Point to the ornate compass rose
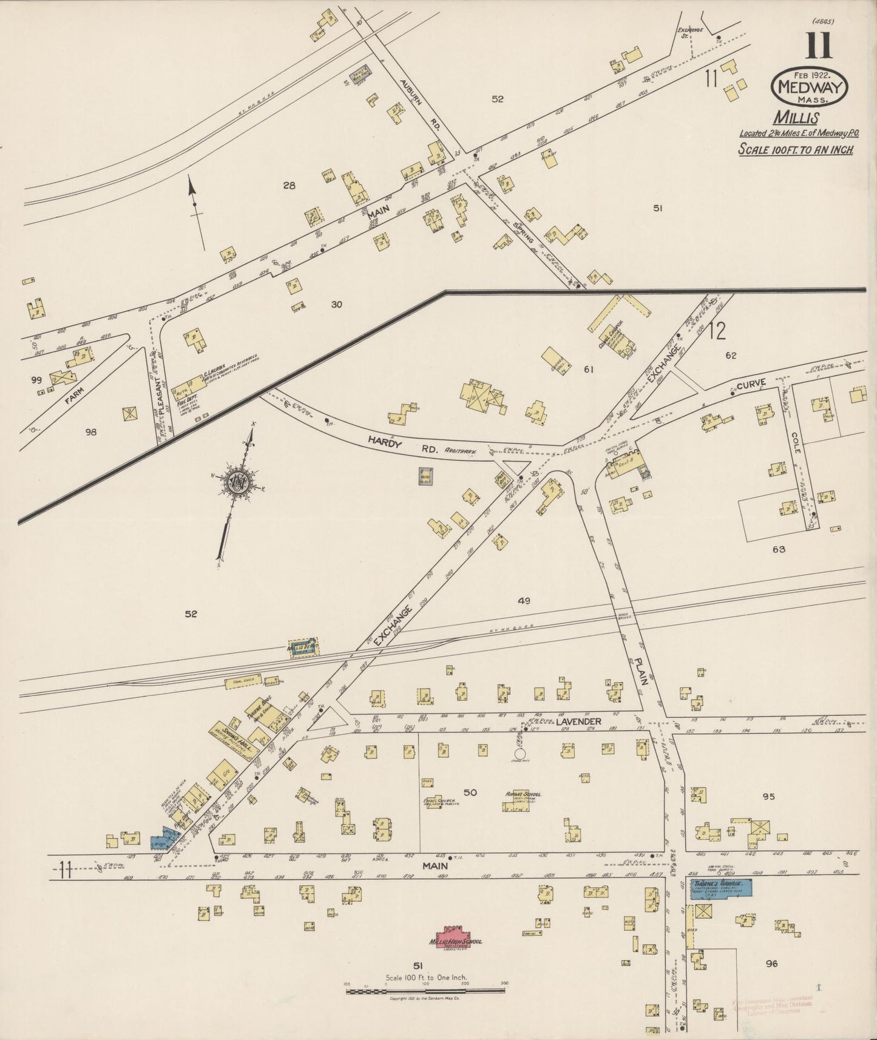(235, 482)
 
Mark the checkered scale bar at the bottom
(425, 991)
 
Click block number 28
(290, 186)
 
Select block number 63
(779, 549)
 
